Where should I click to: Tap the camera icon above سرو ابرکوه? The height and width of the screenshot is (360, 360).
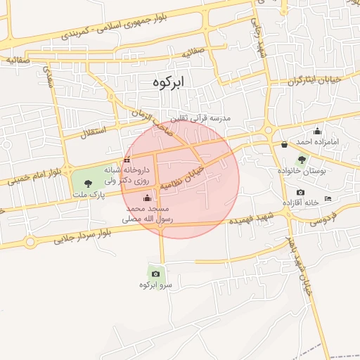coord(155,274)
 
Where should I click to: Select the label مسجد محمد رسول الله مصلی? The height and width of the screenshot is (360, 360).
coord(150,214)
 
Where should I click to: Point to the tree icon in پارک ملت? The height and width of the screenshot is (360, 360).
coord(87,184)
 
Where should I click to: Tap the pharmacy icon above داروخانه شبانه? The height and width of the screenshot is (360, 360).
coord(127,160)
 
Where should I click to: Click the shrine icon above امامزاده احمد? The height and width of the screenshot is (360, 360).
coord(317,131)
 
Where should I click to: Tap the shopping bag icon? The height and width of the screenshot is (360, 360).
coord(284,145)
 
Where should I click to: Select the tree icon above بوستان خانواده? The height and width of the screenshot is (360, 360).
coord(302,160)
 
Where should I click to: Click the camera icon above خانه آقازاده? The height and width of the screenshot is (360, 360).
coord(301,193)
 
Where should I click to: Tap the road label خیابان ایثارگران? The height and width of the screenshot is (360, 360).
coord(313,80)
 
